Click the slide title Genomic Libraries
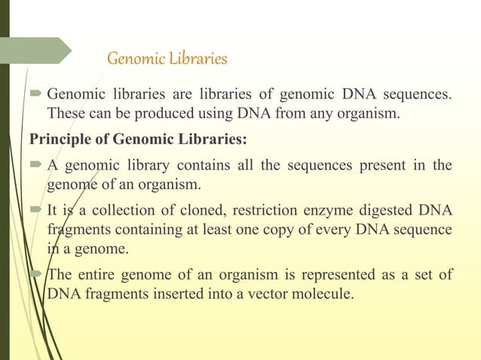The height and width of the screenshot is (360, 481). tap(167, 58)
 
